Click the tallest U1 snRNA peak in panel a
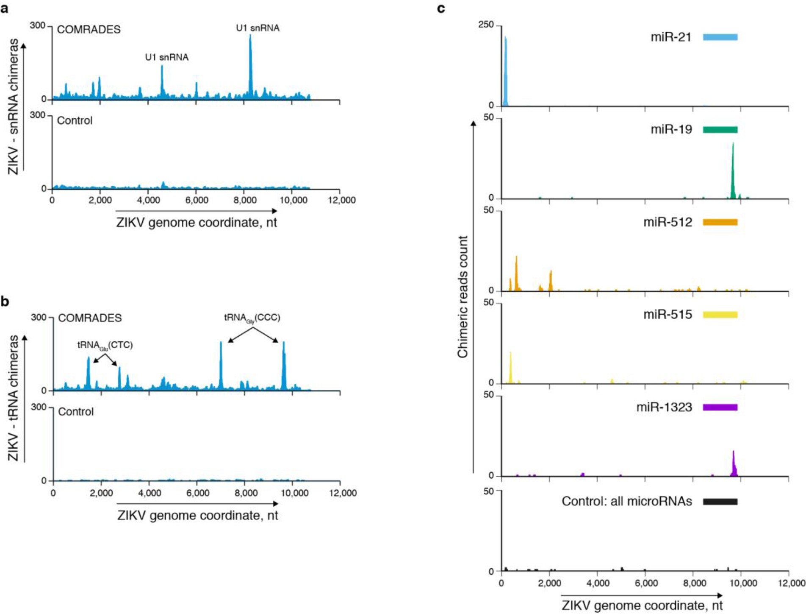click(x=250, y=64)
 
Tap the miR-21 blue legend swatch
click(x=720, y=37)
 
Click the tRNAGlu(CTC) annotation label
click(x=105, y=345)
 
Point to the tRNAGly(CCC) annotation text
click(x=252, y=318)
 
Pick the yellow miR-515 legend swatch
click(x=720, y=315)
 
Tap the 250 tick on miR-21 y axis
click(x=486, y=25)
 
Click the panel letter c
click(x=441, y=8)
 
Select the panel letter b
click(x=5, y=301)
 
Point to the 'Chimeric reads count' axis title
click(x=463, y=297)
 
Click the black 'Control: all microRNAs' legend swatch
click(x=720, y=502)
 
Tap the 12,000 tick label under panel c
click(x=791, y=583)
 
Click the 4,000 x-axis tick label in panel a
click(x=149, y=200)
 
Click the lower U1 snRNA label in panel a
click(x=166, y=57)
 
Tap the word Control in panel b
click(x=75, y=412)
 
